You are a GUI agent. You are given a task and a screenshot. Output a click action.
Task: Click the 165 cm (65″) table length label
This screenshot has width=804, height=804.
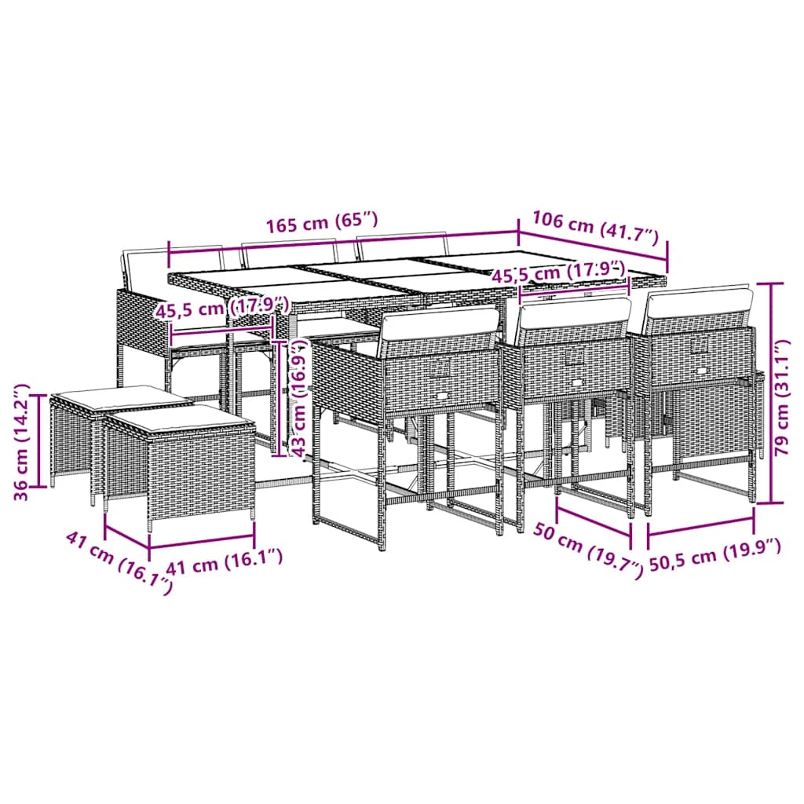coord(321,222)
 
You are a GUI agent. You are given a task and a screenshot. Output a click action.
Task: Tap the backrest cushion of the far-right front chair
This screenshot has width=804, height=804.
coord(700,304)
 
